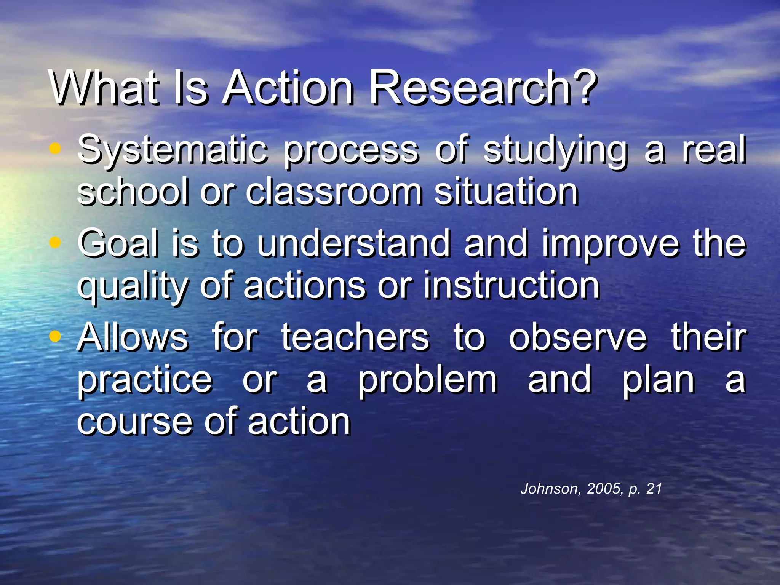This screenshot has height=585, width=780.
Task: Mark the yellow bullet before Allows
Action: point(56,336)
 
